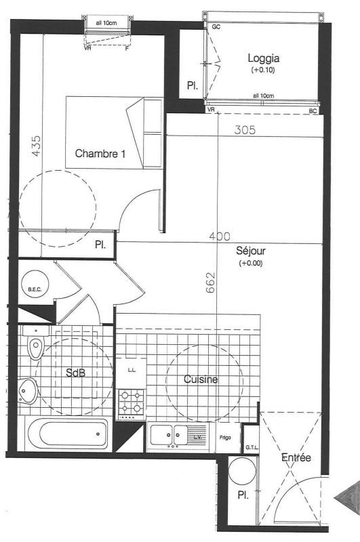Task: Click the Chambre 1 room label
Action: [x=100, y=154]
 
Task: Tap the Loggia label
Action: [x=264, y=58]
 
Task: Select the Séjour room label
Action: [x=251, y=250]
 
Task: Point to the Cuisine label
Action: [x=201, y=379]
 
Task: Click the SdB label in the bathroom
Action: [x=76, y=372]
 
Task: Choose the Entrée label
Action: [x=296, y=458]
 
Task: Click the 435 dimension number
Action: [x=36, y=146]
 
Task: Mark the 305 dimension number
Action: [x=245, y=129]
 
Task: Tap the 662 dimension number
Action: [x=210, y=283]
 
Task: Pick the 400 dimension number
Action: [x=220, y=236]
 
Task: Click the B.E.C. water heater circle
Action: [x=35, y=285]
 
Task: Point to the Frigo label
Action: [x=225, y=438]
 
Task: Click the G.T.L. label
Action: [x=252, y=448]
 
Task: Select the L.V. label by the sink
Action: [x=197, y=437]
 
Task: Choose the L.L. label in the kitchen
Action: [x=132, y=370]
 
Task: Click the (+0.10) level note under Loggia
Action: [x=263, y=70]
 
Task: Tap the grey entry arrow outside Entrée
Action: [x=347, y=498]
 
